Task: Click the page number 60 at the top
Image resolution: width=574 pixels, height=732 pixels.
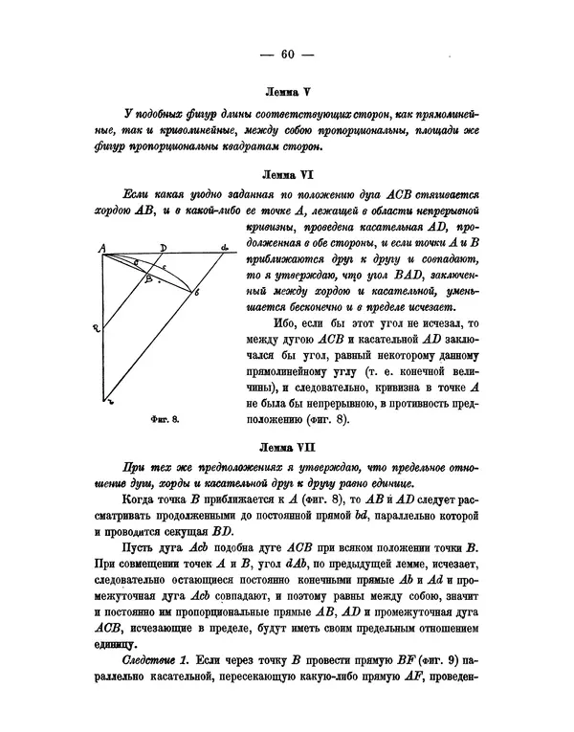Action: [287, 53]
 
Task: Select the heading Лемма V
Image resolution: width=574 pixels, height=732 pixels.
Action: [287, 95]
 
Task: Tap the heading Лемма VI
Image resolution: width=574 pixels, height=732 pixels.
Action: [287, 176]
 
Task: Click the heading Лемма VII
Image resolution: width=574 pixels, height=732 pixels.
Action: [287, 447]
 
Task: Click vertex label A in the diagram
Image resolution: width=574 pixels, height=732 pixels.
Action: [101, 248]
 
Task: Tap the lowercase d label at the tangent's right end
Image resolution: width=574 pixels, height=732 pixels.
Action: [225, 248]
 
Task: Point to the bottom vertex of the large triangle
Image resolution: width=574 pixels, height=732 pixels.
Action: [104, 402]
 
